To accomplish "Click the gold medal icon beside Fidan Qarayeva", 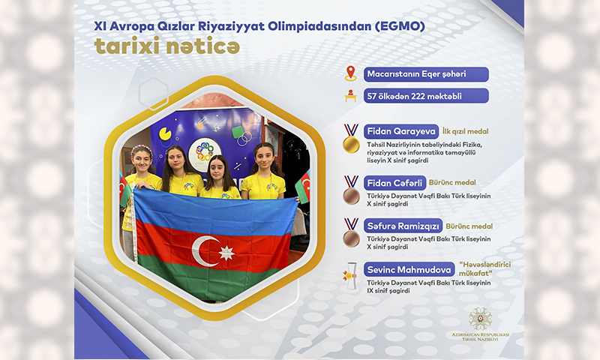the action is click(x=351, y=138).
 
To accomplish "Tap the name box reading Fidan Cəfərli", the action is click(x=394, y=183).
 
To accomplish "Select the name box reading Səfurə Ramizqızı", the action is click(x=403, y=226).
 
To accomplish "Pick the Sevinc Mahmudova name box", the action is click(x=409, y=270).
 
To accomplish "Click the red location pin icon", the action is click(x=350, y=73).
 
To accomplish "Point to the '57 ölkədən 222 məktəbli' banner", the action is click(x=426, y=96).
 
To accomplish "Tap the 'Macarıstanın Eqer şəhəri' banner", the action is click(x=426, y=74).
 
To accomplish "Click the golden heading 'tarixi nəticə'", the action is click(x=167, y=46).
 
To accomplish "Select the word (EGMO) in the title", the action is click(x=400, y=26).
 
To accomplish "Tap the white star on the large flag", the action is click(x=226, y=253).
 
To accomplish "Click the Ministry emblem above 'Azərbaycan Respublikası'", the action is click(x=480, y=319).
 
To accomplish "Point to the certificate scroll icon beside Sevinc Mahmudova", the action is click(x=350, y=275).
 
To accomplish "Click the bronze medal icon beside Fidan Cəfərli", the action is click(x=351, y=190).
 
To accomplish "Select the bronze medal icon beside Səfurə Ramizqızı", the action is click(x=351, y=233).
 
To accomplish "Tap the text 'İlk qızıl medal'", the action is click(x=465, y=131).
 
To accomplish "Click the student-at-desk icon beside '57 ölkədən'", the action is click(x=350, y=96).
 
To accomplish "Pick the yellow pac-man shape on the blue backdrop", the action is click(x=165, y=134).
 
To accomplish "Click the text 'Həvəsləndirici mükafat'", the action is click(x=484, y=269).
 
